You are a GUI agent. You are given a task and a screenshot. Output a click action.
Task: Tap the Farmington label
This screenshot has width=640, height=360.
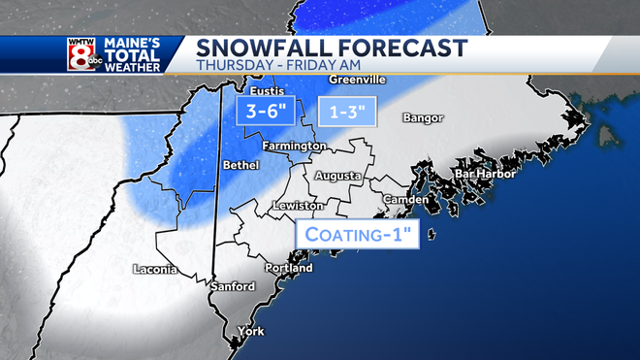298,146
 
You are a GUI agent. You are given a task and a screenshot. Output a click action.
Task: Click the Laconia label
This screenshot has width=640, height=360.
155,269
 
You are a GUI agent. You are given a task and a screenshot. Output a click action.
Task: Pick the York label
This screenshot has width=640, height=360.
250,331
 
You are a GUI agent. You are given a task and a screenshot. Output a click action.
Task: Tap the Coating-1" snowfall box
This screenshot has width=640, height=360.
357,234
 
